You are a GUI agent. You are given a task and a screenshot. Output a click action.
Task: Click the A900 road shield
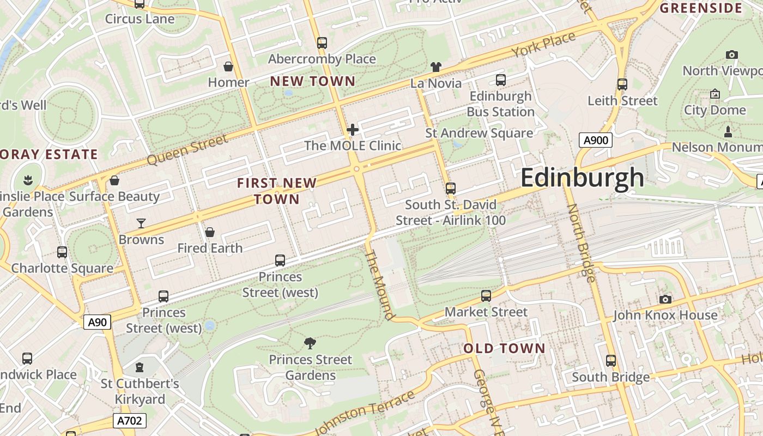595,140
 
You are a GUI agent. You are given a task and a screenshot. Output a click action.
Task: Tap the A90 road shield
98,322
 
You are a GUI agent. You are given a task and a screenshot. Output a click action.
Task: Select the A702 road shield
130,421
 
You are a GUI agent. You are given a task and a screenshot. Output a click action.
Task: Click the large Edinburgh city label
582,178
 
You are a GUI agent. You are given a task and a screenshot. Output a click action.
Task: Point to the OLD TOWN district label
504,348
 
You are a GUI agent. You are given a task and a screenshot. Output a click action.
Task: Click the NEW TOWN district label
313,81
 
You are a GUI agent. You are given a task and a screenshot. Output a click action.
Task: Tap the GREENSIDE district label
701,8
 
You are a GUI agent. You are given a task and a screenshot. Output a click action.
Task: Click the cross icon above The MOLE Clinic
353,130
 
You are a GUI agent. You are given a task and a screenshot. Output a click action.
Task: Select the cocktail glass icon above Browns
141,223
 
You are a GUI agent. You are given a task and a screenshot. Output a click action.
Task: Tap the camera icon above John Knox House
665,299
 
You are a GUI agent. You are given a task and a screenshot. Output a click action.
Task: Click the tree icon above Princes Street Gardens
310,343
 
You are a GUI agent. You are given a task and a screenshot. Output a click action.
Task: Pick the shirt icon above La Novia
435,67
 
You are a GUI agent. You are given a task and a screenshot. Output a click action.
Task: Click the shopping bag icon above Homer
228,66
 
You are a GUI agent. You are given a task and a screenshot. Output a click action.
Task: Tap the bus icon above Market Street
486,296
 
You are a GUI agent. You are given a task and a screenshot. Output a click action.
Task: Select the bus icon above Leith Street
622,84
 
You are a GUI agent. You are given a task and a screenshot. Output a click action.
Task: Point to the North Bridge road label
581,243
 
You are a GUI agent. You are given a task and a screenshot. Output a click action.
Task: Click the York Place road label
543,45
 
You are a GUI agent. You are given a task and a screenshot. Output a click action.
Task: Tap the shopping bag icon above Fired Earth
210,232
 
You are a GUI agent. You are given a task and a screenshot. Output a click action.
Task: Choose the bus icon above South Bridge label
610,361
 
